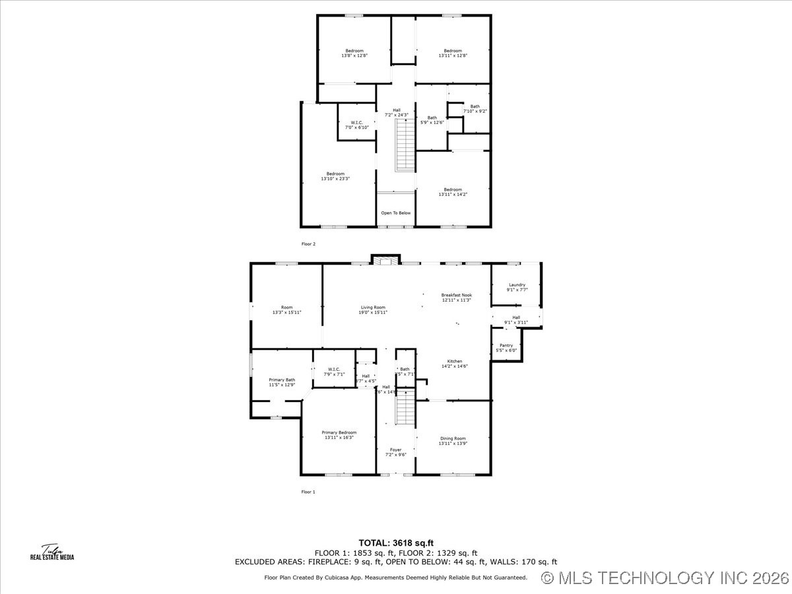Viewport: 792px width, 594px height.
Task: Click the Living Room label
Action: click(x=373, y=310)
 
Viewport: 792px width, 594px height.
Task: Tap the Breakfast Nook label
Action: click(x=457, y=298)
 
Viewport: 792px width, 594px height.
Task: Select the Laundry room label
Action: click(x=517, y=287)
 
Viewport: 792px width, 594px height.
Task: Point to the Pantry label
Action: click(x=506, y=348)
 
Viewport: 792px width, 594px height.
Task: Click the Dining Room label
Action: click(x=453, y=441)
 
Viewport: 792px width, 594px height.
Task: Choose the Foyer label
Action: click(x=395, y=452)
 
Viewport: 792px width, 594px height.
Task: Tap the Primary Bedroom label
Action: click(x=339, y=435)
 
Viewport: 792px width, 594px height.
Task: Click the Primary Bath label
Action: click(x=282, y=382)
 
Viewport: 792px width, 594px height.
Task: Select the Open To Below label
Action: click(x=396, y=213)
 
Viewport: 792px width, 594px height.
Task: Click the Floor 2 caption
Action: click(x=308, y=244)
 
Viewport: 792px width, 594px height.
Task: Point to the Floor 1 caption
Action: click(x=308, y=492)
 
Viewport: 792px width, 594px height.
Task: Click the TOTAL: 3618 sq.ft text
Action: click(x=396, y=543)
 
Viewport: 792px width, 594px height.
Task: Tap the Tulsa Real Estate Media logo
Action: click(x=52, y=552)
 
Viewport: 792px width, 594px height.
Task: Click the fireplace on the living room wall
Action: click(x=385, y=260)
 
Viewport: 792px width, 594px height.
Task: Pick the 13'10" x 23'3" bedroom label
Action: click(x=335, y=176)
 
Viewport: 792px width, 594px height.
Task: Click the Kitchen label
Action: click(x=455, y=364)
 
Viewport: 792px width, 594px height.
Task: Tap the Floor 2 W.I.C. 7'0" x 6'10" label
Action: click(x=356, y=125)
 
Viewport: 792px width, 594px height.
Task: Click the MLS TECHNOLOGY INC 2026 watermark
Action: click(x=665, y=578)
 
